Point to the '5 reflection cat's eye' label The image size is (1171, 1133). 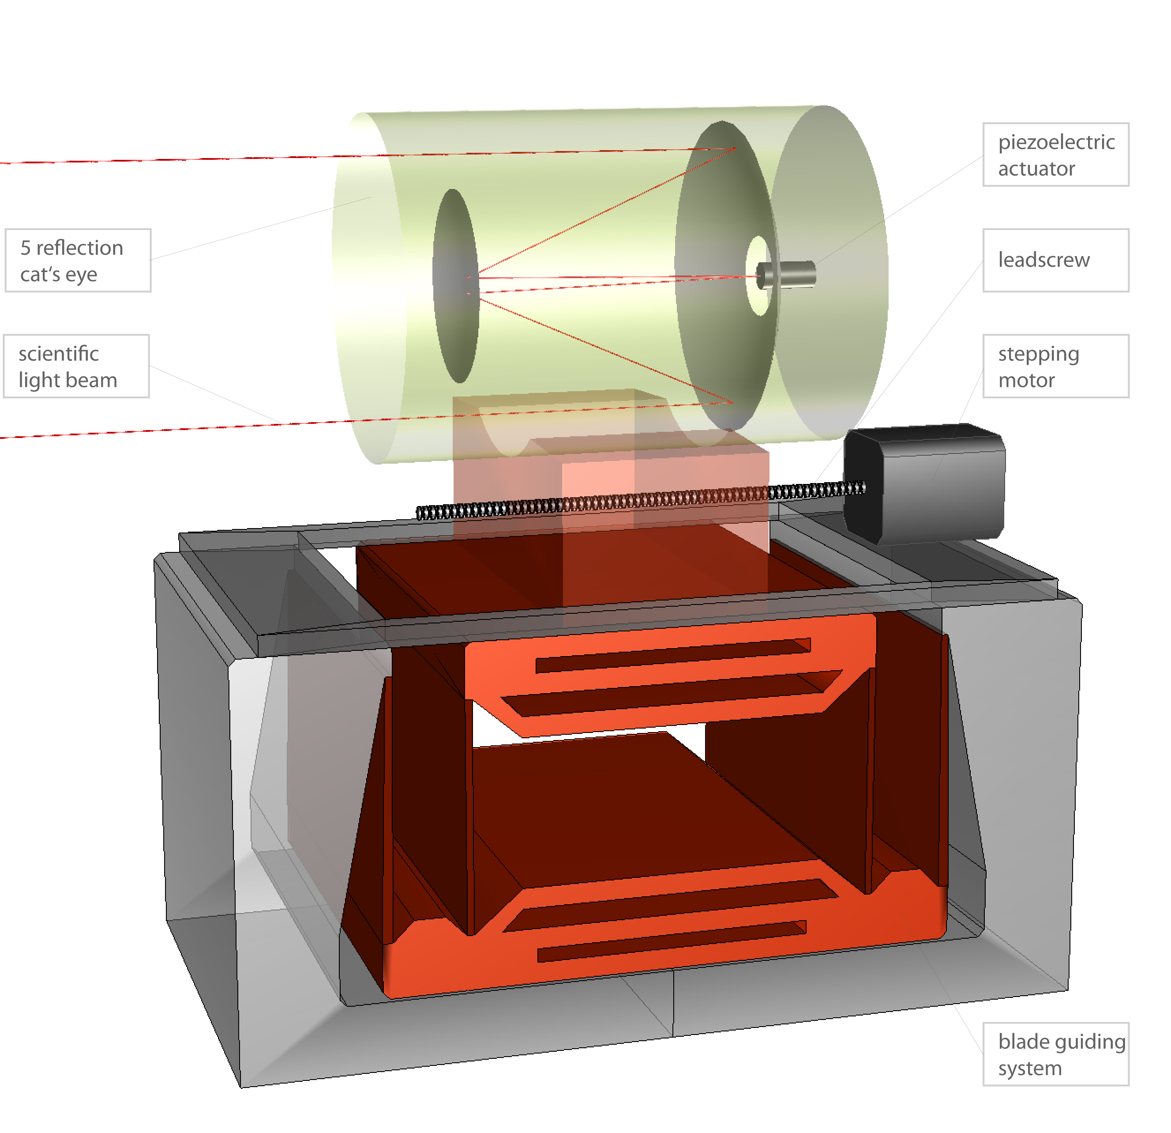[x=78, y=260]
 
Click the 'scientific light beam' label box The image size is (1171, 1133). [x=76, y=366]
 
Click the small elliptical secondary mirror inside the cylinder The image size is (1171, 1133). [x=456, y=286]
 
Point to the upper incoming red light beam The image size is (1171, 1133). [x=179, y=159]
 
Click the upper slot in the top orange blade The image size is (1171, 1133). [x=672, y=655]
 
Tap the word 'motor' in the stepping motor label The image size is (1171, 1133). [x=1026, y=380]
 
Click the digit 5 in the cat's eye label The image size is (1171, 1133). [x=26, y=248]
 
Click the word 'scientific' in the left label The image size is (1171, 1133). [x=59, y=353]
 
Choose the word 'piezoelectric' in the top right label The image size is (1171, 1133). [x=1056, y=142]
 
